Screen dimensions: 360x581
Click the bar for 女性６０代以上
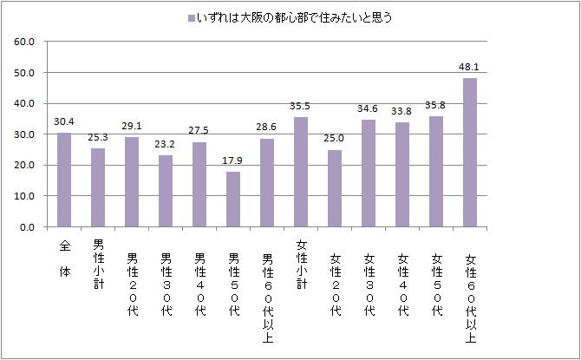tap(470, 153)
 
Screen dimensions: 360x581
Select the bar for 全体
tap(64, 180)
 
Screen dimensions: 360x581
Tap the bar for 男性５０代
tap(233, 200)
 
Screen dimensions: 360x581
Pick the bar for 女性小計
tap(301, 173)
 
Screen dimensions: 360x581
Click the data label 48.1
tap(470, 66)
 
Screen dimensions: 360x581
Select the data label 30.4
tap(64, 121)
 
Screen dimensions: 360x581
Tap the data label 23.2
tap(166, 144)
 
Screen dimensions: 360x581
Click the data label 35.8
tap(436, 105)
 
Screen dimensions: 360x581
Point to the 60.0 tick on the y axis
tap(23, 42)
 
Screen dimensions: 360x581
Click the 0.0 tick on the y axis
tap(26, 227)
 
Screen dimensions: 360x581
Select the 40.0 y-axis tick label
tap(23, 103)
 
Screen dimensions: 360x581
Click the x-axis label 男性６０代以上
tap(267, 287)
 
